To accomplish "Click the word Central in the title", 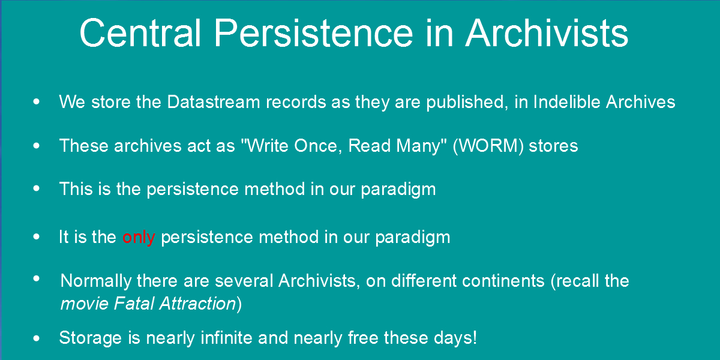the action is [x=140, y=33].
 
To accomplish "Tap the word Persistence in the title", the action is [x=313, y=33].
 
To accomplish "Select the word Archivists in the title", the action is [x=547, y=33].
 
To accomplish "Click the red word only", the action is [x=139, y=238].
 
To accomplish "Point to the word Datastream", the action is [x=214, y=102].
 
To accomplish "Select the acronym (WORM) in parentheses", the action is [x=488, y=146].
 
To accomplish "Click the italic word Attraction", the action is [x=197, y=304].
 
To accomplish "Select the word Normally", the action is [x=96, y=281].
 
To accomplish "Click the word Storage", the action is [x=91, y=338].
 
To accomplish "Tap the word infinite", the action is [x=226, y=338].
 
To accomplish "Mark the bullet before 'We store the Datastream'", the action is [x=37, y=102].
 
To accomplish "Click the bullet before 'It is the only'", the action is [x=37, y=237].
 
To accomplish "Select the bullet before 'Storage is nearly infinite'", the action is [x=37, y=338].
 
